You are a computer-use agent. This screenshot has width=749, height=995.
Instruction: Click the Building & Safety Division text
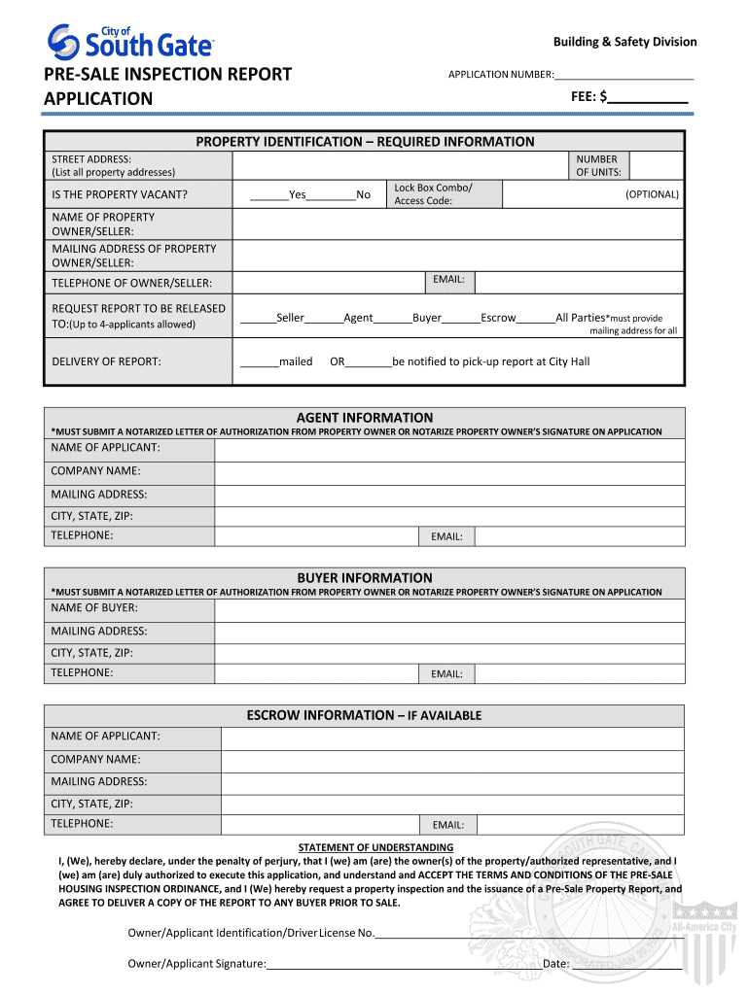(624, 42)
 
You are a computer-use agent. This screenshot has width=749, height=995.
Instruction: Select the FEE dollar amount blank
(649, 97)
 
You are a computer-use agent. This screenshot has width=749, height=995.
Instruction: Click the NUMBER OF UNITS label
(596, 166)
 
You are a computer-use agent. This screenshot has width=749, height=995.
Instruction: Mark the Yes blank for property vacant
(268, 194)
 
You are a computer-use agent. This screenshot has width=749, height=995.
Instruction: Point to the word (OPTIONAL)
(652, 194)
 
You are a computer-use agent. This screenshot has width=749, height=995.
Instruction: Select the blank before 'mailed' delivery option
(259, 361)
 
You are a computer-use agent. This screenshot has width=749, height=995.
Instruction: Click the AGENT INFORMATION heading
(365, 417)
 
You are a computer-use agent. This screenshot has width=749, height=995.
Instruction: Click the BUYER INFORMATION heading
(365, 577)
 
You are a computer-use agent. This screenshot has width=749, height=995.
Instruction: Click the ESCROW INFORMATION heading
(365, 715)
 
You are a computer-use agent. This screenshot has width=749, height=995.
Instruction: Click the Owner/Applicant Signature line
(399, 964)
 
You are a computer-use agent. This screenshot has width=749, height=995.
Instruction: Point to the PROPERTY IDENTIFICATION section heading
(365, 142)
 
